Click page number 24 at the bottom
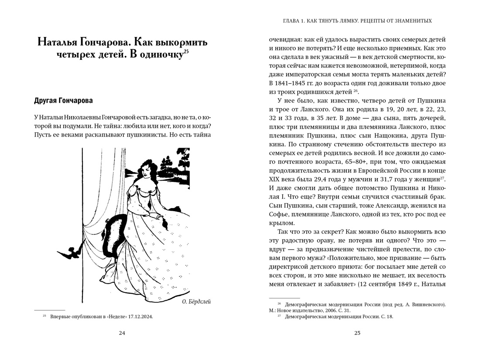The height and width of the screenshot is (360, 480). coord(122,333)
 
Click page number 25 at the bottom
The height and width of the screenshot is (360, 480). coord(357,333)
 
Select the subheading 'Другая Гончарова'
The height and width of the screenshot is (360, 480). coord(63,101)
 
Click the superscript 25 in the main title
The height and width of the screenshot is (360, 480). coord(186,53)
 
